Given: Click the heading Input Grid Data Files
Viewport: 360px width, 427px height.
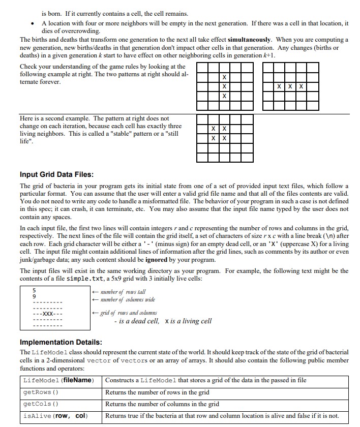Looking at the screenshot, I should pos(56,175).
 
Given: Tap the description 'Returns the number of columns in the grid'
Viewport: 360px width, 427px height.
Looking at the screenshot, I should pos(162,404).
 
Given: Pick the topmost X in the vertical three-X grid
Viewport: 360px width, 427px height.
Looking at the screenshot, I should pos(224,77).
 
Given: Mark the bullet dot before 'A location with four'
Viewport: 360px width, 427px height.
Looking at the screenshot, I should pos(33,24).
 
